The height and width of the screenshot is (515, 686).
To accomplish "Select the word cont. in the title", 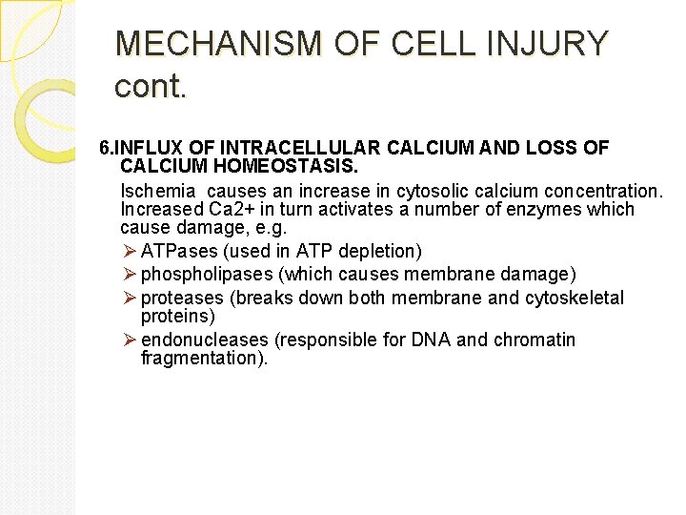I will click(x=151, y=87).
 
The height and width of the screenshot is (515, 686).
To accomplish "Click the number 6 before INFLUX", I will click(x=105, y=148).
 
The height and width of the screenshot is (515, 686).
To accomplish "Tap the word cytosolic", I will click(x=393, y=191).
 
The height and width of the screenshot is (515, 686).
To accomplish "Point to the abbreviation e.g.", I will click(x=271, y=228).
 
